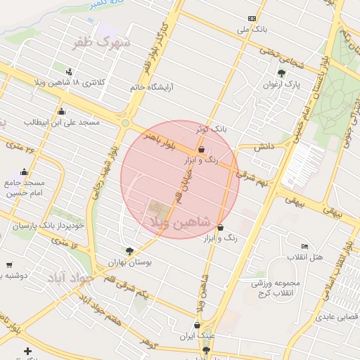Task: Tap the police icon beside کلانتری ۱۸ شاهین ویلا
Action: tap(69, 71)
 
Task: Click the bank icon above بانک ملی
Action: tap(252, 18)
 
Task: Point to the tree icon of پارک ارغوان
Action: tap(282, 73)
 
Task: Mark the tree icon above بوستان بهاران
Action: tap(129, 250)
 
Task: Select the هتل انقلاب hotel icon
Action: tap(304, 246)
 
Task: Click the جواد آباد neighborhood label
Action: tap(70, 278)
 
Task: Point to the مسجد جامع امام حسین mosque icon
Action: tap(25, 172)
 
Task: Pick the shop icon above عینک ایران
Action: tap(198, 325)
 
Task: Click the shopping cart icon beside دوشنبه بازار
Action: tap(8, 265)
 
